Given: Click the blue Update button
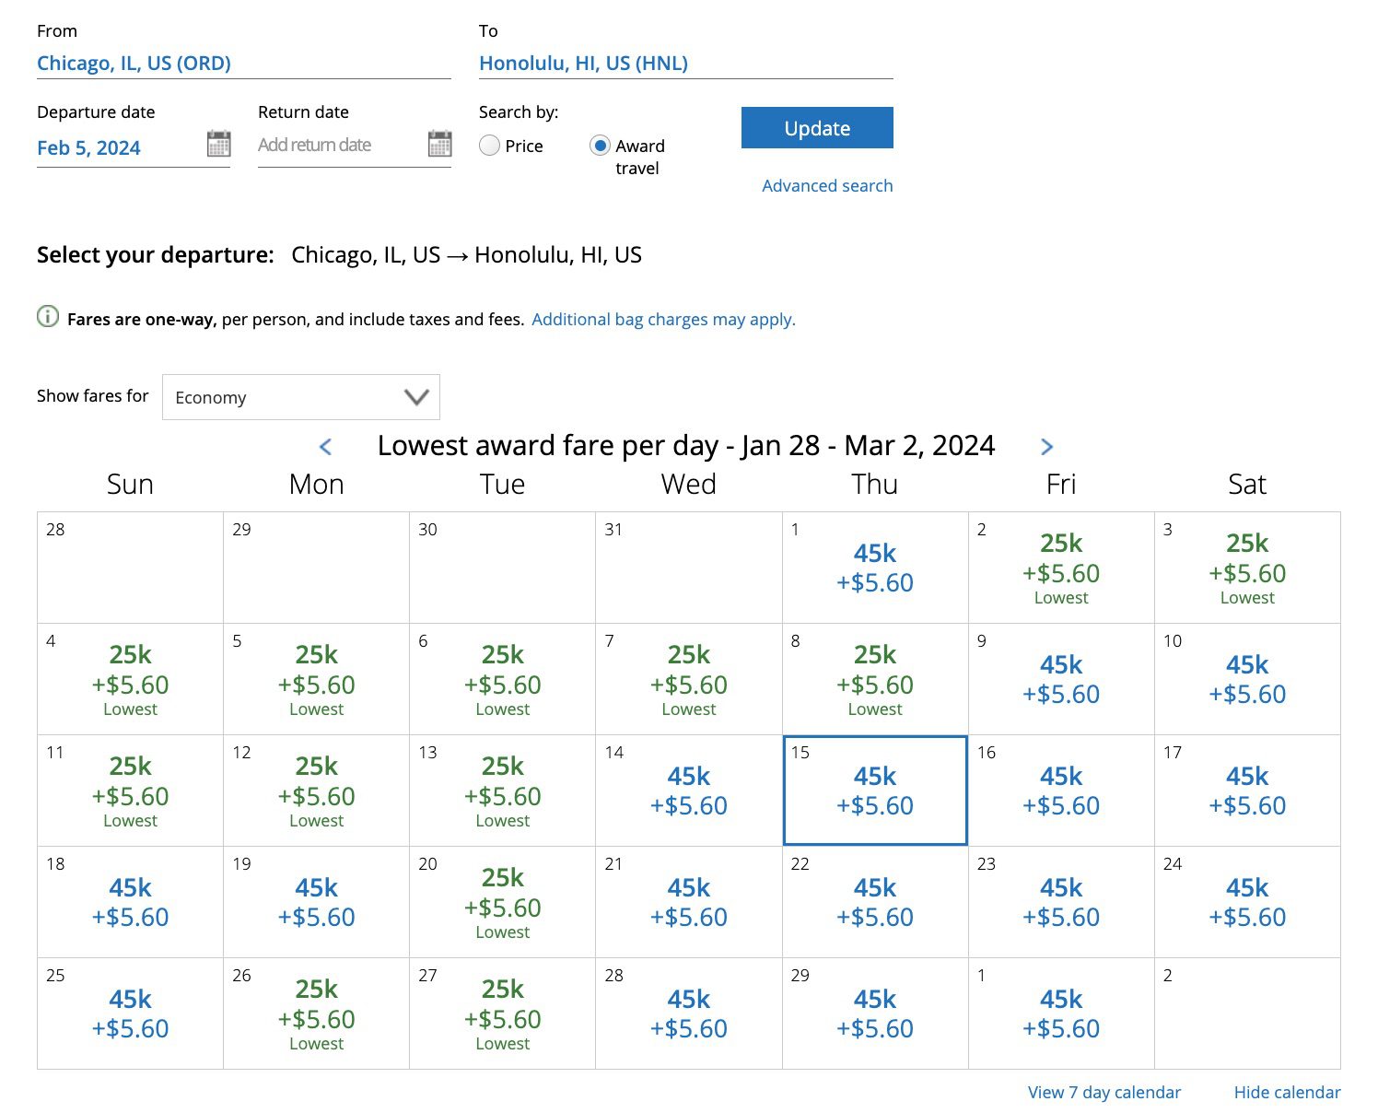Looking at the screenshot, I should (817, 128).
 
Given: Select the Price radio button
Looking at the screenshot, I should (490, 146).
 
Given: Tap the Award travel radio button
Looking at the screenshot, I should (600, 146).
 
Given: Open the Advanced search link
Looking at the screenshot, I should (827, 185).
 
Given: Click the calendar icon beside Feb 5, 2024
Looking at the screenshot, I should (218, 144).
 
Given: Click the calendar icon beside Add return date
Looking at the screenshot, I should (439, 144).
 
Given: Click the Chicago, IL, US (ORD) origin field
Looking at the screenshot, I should (134, 64).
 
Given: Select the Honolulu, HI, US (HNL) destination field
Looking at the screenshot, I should (583, 64).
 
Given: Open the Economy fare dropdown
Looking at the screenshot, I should (300, 397).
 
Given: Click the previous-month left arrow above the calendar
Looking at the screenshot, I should (325, 447).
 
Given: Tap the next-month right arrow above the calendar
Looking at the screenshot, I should (1046, 447).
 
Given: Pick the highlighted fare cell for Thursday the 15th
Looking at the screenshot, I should (874, 791).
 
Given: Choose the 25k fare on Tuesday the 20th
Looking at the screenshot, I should (503, 902).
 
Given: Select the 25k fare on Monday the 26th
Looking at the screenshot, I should (317, 1013).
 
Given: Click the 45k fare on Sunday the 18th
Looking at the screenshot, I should (130, 902).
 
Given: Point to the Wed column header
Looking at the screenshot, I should (688, 485).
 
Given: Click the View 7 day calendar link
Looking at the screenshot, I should (1104, 1092).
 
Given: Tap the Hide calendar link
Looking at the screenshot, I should (1287, 1092).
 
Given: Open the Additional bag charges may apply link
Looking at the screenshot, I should (663, 320).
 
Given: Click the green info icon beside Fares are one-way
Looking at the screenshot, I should (48, 317).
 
